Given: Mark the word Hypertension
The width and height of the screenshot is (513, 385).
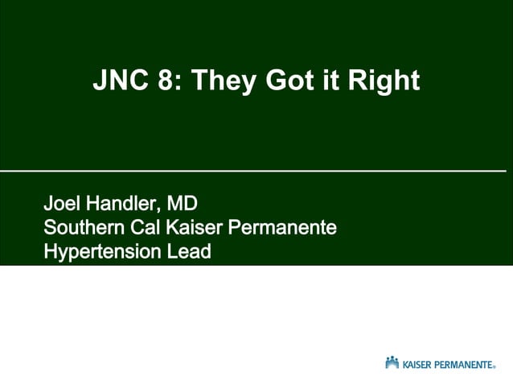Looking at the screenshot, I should coord(101,252).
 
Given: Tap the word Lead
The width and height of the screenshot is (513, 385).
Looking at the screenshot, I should coord(189,252).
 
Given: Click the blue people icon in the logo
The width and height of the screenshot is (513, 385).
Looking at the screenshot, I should coord(392,362).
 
